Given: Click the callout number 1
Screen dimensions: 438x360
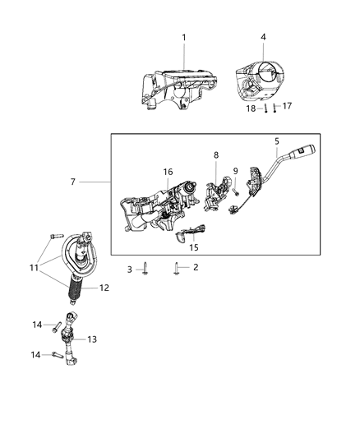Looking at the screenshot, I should (184, 37).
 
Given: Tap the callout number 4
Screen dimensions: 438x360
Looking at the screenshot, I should (263, 37).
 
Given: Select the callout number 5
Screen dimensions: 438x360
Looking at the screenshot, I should (277, 141).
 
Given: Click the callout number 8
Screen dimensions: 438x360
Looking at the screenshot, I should (216, 154).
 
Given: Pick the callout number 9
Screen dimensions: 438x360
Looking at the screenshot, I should (234, 171).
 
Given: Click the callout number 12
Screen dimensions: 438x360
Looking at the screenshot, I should (104, 288).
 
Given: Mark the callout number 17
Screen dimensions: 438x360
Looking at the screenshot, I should (287, 105).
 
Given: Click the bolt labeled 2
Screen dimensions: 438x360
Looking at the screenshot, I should (178, 267).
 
